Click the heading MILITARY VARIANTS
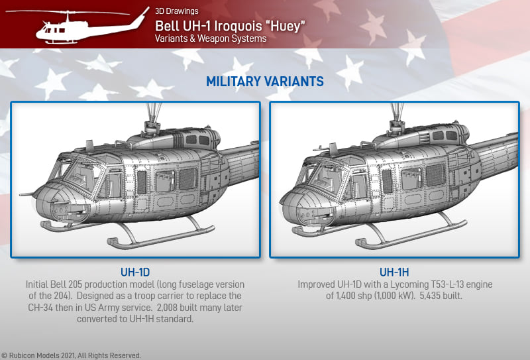(x=264, y=82)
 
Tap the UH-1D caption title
(x=135, y=272)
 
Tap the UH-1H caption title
(x=394, y=272)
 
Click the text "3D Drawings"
(x=177, y=11)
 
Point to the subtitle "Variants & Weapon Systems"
(x=211, y=38)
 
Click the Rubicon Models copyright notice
(x=71, y=355)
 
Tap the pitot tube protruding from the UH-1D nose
(x=26, y=194)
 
